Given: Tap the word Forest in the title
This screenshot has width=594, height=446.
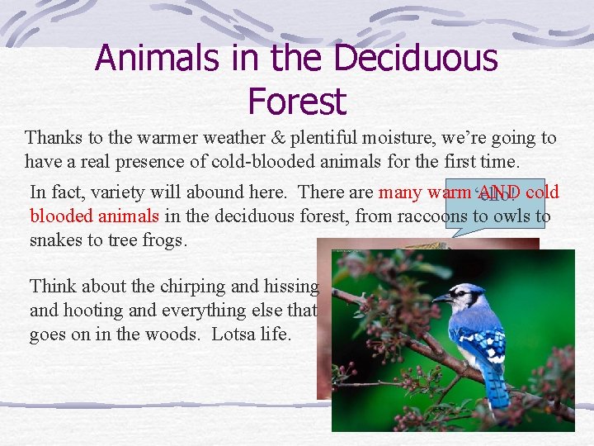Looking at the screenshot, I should point(297,102).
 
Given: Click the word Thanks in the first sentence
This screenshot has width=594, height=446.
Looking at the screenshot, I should point(51,137).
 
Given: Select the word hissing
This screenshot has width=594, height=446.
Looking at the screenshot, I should point(290,287).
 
